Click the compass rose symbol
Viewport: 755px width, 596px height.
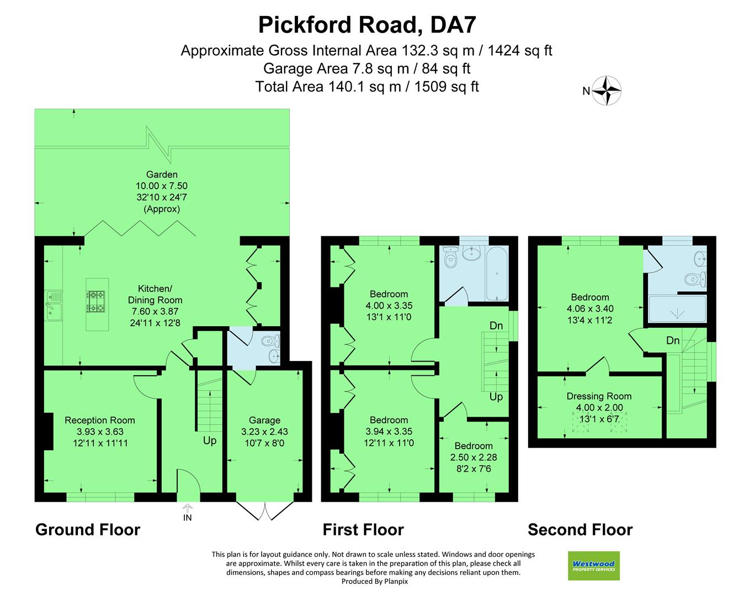pos(607,91)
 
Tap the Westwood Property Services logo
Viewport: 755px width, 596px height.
pos(593,566)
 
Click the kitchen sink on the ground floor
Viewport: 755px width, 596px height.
pos(54,305)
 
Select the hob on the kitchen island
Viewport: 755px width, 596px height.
pos(95,301)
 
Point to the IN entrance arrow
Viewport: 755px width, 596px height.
pos(188,511)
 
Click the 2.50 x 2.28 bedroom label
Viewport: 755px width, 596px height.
pos(474,457)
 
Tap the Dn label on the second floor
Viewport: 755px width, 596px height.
pos(672,340)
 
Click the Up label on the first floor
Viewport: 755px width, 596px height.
pos(496,397)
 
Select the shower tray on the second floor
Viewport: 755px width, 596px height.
pos(677,311)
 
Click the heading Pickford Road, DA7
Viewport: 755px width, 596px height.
pos(367,25)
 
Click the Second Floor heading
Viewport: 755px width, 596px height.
pos(579,530)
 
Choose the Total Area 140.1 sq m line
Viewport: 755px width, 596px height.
pos(367,87)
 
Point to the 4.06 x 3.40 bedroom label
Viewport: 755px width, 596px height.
pos(589,308)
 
